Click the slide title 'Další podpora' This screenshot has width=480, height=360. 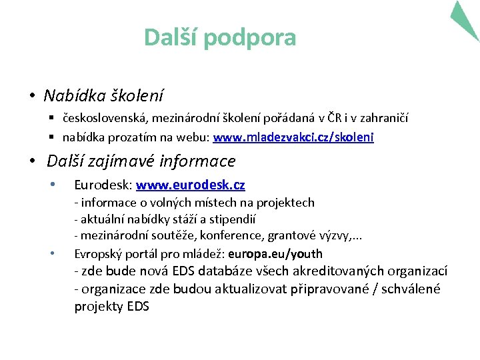[x=220, y=37]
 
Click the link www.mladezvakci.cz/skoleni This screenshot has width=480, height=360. [x=293, y=137]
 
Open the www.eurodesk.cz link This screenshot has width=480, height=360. [x=191, y=185]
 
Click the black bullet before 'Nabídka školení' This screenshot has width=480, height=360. [x=32, y=97]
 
